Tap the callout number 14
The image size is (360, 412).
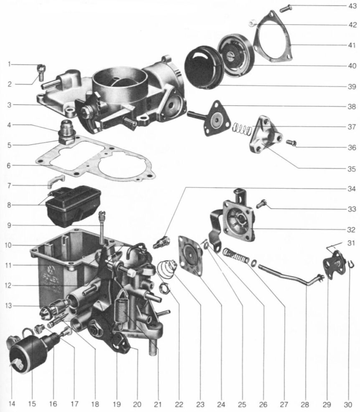pos(12,404)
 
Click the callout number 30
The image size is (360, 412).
pos(347,404)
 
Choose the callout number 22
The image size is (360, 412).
pos(179,404)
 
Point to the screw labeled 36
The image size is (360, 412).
pos(292,143)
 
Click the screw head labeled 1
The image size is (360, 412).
pos(41,66)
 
